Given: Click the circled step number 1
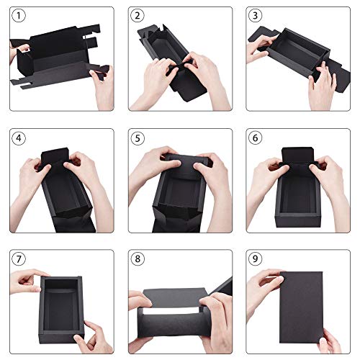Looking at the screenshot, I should click(19, 15).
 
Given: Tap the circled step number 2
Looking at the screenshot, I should click(137, 15).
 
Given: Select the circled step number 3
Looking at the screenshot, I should click(255, 15).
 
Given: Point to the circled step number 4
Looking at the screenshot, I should click(19, 137).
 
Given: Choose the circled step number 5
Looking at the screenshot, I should click(137, 137).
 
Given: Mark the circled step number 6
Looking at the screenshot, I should click(255, 137).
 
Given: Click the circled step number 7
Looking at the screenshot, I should click(19, 258).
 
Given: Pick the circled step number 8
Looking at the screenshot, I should click(137, 258).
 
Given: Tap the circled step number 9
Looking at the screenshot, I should click(255, 258).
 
